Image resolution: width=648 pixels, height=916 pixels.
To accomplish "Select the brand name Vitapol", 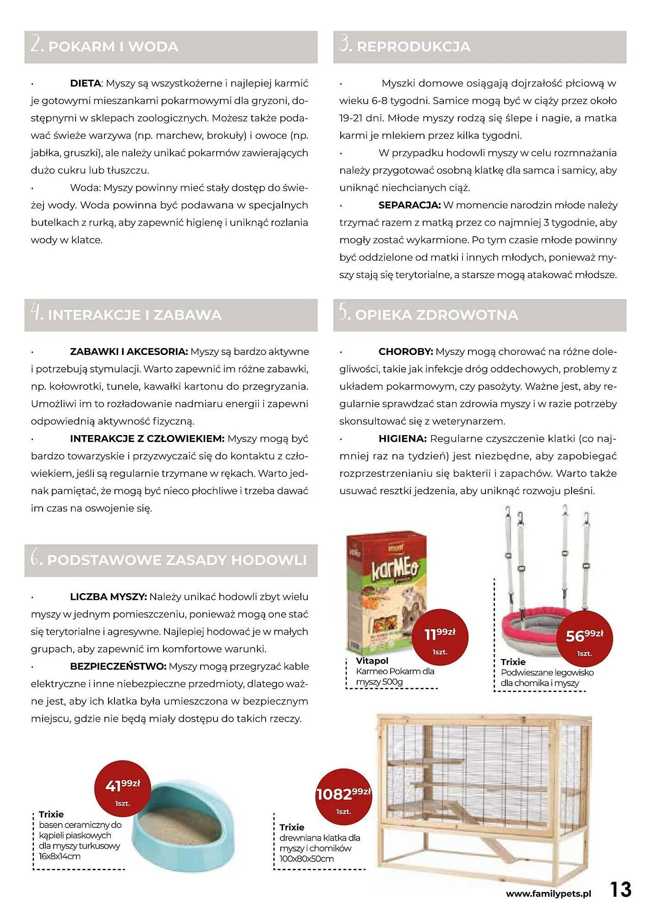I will coord(372,661).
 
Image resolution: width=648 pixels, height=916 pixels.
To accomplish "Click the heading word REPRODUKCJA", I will coord(413,47).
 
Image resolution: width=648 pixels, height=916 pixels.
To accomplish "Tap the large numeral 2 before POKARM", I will coord(37,45).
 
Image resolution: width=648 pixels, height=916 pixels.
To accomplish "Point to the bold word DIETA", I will coord(85,83).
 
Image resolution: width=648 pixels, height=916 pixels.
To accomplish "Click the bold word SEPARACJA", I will coord(409,205).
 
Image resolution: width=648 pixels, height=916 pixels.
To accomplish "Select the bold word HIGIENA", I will coord(402,439).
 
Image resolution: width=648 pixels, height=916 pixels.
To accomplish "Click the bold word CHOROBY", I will coord(405,352).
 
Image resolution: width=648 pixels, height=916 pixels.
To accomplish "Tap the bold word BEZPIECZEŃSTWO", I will coord(118,666).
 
